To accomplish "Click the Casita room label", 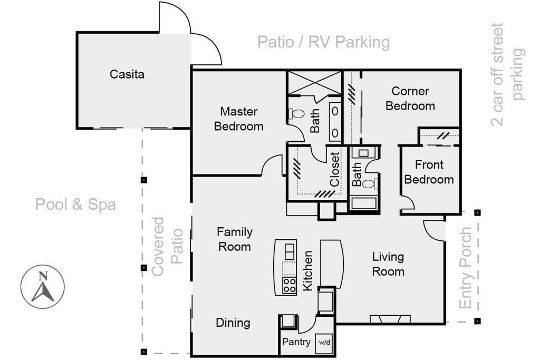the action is tap(127, 74).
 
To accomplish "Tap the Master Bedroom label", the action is tap(239, 119).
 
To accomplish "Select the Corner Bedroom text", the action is tap(410, 99).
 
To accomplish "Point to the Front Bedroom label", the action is tap(429, 172).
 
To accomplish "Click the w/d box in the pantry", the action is tap(324, 343).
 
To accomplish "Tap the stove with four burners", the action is tap(290, 285).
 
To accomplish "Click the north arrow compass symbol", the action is tap(42, 286).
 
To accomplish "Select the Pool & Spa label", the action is tap(75, 205).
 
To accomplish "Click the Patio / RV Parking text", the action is tap(324, 42).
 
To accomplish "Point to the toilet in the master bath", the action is tap(296, 113).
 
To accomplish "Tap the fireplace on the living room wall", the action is tap(390, 319).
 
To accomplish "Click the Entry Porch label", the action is tap(465, 268).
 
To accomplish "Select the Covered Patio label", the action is tap(167, 247).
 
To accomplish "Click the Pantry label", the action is tap(296, 342).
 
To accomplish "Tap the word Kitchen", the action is tap(307, 270).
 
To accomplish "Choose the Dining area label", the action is tap(233, 323).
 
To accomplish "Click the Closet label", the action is tap(334, 169).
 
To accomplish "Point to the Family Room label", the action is tap(235, 239).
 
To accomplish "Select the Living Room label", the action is tap(388, 264).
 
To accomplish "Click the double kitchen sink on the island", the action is tap(290, 251).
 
